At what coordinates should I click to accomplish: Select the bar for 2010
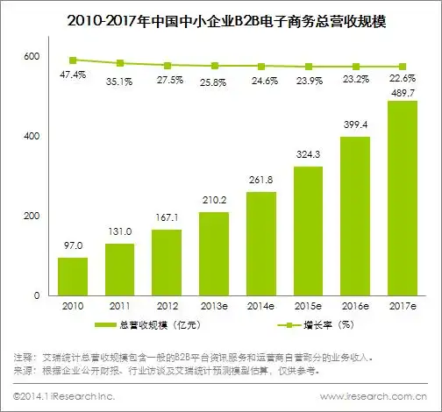coord(73,276)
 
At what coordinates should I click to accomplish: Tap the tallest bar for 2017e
coord(403,198)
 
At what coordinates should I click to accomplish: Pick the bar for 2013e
coord(214,253)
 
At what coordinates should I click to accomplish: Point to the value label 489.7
coord(403,91)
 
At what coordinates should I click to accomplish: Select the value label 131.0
coord(120,233)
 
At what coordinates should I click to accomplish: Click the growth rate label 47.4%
coord(73,76)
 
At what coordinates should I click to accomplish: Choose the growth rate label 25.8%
coord(214,82)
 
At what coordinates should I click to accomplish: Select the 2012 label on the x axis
coord(167,308)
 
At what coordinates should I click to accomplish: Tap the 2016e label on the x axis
coord(355,308)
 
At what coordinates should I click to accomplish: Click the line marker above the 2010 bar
coord(73,60)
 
